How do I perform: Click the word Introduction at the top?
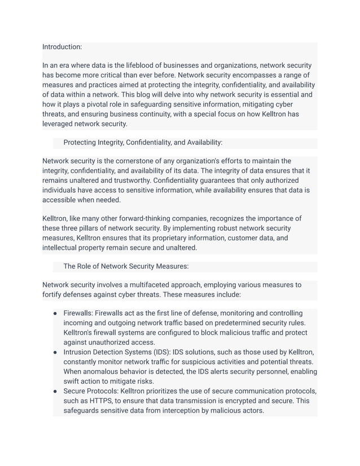pos(62,47)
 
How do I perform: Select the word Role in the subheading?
pos(87,266)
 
